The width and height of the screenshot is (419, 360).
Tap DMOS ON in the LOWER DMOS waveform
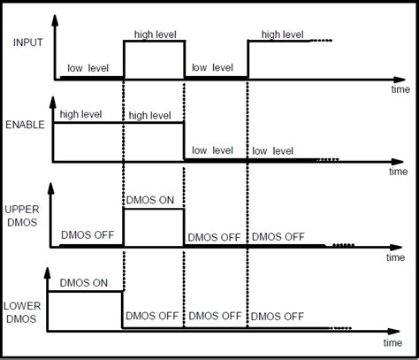(x=86, y=283)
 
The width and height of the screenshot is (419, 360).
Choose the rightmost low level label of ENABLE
(x=273, y=151)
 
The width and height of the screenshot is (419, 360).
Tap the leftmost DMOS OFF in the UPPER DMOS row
(x=88, y=236)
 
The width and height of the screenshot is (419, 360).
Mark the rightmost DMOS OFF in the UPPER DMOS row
(x=279, y=236)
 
